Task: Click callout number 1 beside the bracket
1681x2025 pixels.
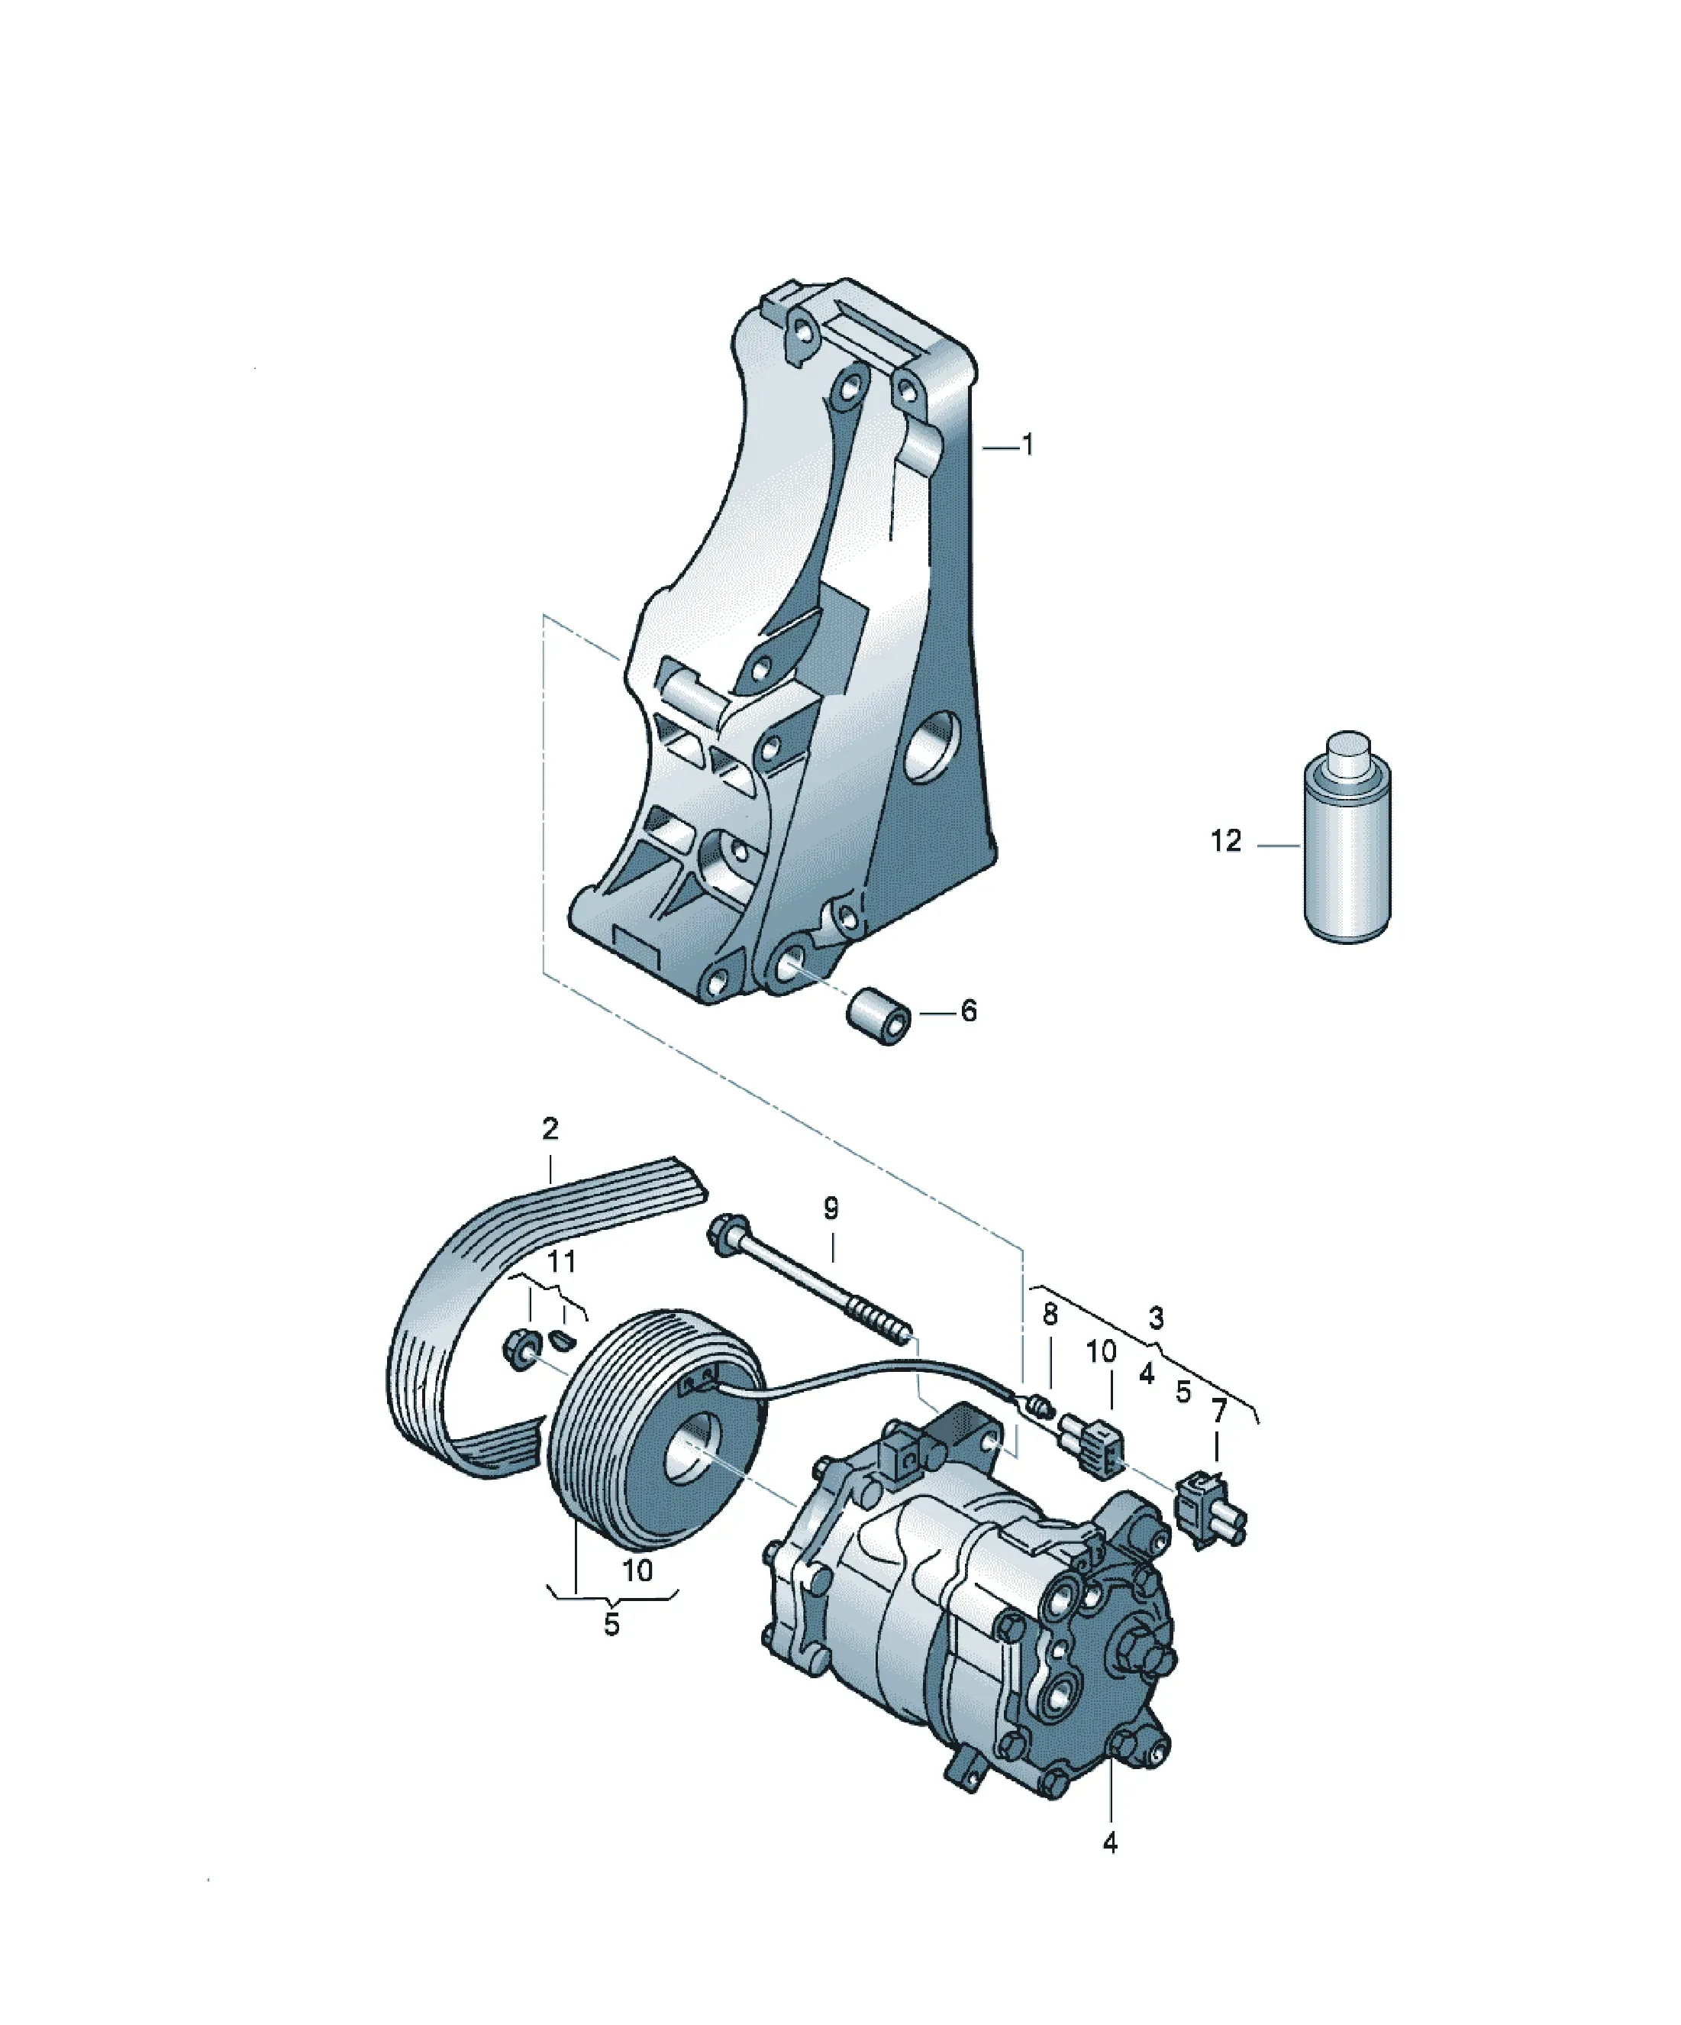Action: click(x=1028, y=445)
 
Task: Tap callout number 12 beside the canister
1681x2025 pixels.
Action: click(x=1226, y=842)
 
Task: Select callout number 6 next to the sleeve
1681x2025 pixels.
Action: click(x=969, y=1011)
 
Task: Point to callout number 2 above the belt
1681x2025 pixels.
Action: click(x=550, y=1128)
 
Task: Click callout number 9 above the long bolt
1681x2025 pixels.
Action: click(x=831, y=1208)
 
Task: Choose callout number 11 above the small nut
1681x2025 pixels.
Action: click(x=562, y=1260)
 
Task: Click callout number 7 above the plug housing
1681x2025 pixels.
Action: click(x=1219, y=1412)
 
